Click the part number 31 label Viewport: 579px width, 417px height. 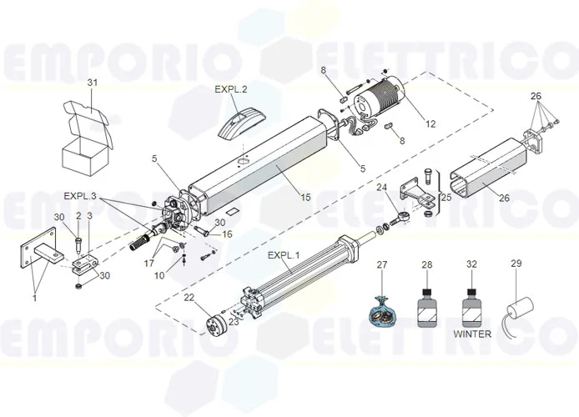point(93,82)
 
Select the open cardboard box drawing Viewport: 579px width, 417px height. point(86,138)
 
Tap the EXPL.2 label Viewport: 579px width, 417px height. point(231,88)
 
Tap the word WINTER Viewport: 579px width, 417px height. point(472,334)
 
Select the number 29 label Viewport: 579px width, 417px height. point(516,264)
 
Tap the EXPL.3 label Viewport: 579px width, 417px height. point(80,196)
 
